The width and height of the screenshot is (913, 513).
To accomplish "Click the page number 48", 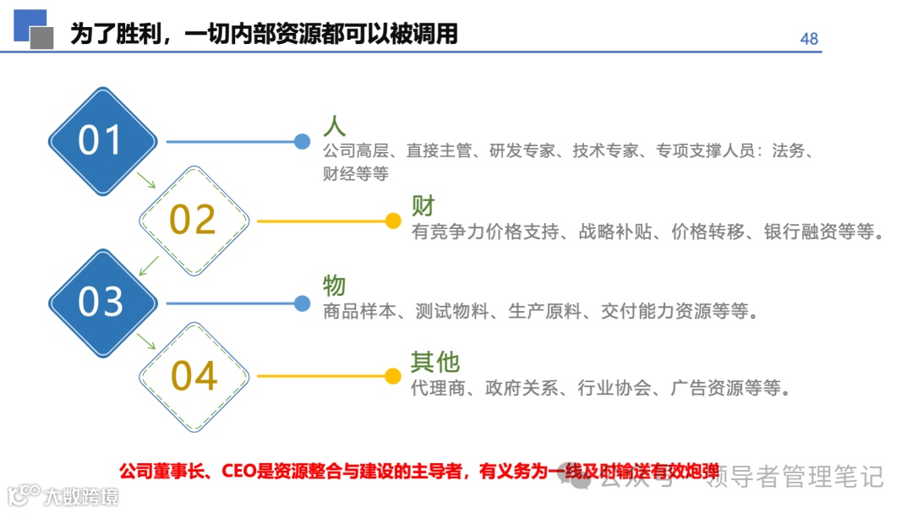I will coord(809,39).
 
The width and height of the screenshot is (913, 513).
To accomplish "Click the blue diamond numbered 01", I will coord(101,141).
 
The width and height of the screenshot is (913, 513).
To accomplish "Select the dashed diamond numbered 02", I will coord(194,220).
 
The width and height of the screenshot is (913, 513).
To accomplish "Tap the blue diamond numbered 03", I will coord(101,302).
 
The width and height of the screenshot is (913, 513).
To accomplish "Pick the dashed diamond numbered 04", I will coord(194,376).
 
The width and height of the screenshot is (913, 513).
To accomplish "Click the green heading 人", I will coord(334,126).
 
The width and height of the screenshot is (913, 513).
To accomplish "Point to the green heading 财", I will coord(423,205).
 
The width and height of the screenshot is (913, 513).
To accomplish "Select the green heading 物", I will coord(334,286).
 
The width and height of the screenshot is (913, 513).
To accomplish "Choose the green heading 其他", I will coord(435,362).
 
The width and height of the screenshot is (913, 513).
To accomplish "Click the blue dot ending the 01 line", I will coord(302,142).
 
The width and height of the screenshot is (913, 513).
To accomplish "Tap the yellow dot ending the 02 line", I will coord(392,221).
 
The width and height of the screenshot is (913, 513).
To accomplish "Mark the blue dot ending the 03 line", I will coord(302,303).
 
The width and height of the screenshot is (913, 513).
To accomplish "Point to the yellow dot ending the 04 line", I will coord(392,376).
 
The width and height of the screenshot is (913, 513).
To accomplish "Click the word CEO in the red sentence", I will coord(244,471).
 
